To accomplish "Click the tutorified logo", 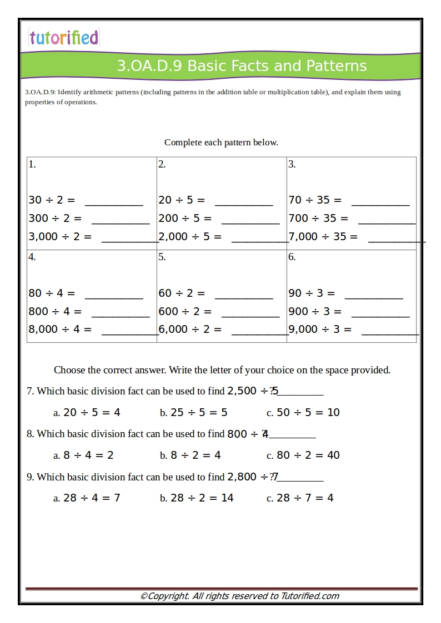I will pyautogui.click(x=64, y=38).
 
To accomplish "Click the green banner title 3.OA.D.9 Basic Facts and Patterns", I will pyautogui.click(x=242, y=66).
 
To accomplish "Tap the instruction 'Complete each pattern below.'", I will pyautogui.click(x=221, y=143).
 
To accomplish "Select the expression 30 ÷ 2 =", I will pyautogui.click(x=52, y=200).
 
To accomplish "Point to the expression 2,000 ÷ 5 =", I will pyautogui.click(x=190, y=237).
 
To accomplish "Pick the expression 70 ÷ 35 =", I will pyautogui.click(x=315, y=200).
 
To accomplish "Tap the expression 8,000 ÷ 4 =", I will pyautogui.click(x=60, y=330).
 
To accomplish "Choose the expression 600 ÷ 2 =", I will pyautogui.click(x=185, y=312).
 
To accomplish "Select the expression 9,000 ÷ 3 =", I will pyautogui.click(x=320, y=330).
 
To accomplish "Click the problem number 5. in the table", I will pyautogui.click(x=162, y=257).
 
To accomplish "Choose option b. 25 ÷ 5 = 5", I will pyautogui.click(x=194, y=413).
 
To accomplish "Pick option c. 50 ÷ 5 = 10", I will pyautogui.click(x=303, y=413).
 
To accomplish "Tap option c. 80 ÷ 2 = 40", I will pyautogui.click(x=303, y=455).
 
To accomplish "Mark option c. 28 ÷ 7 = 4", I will pyautogui.click(x=300, y=498).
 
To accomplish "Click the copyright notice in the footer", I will pyautogui.click(x=239, y=596).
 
